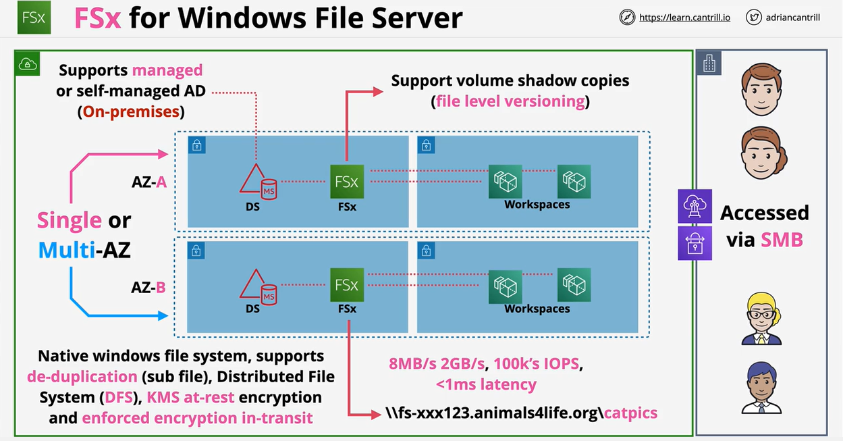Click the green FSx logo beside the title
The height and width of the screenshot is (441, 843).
33,18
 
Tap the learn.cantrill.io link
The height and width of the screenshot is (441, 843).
684,18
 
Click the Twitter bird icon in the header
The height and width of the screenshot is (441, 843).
754,18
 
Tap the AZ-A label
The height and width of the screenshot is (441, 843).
149,182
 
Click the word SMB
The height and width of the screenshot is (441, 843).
782,239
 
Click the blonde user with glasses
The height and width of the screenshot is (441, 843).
761,319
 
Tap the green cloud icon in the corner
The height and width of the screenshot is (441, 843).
28,63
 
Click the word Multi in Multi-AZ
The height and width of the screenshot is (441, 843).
65,250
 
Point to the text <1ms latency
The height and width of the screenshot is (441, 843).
486,385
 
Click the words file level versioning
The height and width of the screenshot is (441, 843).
510,101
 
